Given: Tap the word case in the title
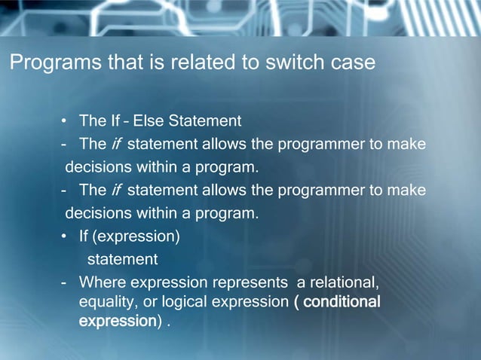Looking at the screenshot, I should pos(353,63).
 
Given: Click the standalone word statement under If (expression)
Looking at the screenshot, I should pos(122,260).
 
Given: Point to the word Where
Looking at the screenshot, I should pos(103,283).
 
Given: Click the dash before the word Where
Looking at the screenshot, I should pos(66,283).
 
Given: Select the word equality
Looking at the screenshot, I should pos(106,302).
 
